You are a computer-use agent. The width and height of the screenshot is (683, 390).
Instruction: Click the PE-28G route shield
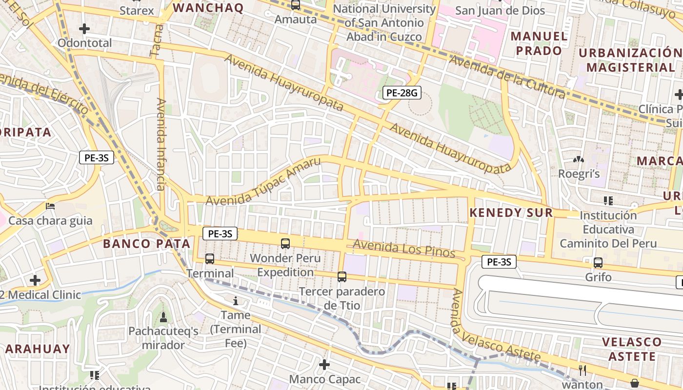(402, 93)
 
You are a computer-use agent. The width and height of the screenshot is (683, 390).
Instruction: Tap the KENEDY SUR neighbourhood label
(511, 213)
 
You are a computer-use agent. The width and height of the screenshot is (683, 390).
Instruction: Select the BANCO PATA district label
(146, 244)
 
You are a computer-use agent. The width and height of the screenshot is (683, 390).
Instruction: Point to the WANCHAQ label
(208, 8)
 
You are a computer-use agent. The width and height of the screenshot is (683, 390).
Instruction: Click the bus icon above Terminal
(210, 259)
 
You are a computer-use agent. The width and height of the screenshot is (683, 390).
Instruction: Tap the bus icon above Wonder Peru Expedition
(285, 243)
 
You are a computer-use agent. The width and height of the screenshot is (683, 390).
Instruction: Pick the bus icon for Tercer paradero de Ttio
(342, 277)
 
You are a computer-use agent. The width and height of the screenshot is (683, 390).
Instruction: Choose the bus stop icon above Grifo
(598, 262)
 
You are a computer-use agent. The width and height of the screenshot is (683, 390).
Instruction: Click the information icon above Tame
(236, 301)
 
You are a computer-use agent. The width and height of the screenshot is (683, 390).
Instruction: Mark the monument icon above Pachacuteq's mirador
(163, 317)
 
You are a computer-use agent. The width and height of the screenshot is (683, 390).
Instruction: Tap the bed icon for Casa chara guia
(50, 206)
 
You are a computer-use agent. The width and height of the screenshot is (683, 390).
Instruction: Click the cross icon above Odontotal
(84, 29)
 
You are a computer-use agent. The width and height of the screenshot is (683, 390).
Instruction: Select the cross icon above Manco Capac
(324, 365)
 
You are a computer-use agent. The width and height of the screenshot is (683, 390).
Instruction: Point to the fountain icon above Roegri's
(579, 159)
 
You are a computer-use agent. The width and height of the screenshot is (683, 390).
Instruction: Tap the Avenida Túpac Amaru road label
(263, 181)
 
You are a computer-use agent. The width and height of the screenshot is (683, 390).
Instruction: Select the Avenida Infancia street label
(161, 144)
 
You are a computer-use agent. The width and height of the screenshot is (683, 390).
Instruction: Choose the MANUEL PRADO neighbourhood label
(539, 43)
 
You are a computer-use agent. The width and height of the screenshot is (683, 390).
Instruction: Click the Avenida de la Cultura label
(507, 77)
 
